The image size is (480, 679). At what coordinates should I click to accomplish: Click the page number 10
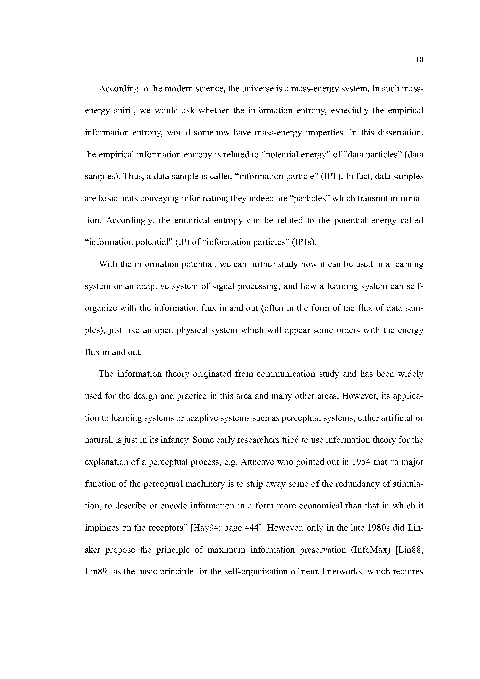click(x=420, y=60)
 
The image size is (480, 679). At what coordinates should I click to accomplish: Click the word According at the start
click(x=119, y=89)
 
